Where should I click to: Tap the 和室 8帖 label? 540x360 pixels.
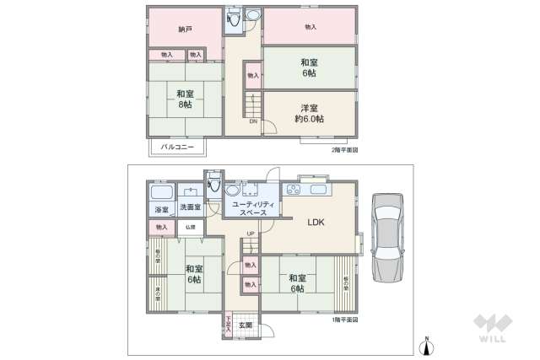pos(185,99)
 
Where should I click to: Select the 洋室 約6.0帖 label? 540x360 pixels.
pos(309,113)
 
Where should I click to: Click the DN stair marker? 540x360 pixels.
pos(253,121)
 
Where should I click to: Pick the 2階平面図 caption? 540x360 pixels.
pos(345,149)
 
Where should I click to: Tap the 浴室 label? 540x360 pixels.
pos(161,209)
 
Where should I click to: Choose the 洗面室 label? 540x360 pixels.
pos(190,209)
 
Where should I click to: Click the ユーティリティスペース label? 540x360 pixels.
pos(251,208)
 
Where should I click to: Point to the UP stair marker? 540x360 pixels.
pos(251,234)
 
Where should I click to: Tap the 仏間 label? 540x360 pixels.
pos(190,228)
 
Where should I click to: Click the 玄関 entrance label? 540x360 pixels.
pos(245,325)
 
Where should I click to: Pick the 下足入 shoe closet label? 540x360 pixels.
pos(228,325)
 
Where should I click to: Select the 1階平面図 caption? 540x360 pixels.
pos(345,320)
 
